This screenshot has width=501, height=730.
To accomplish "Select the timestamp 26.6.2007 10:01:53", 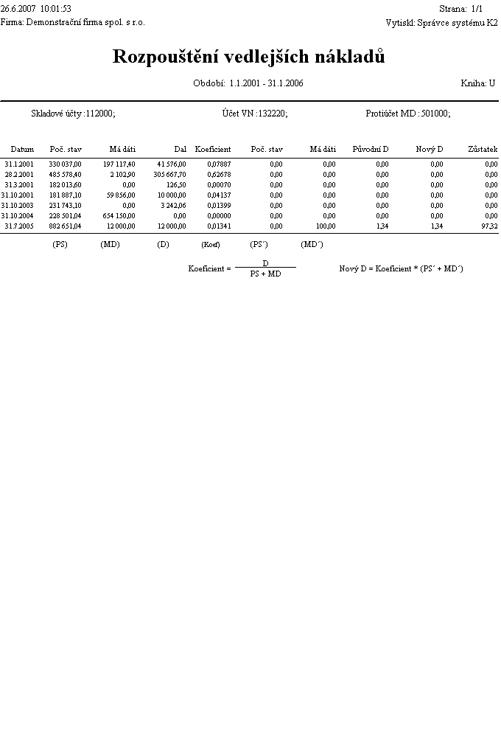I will (36, 9).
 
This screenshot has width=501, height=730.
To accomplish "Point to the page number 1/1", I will (476, 9).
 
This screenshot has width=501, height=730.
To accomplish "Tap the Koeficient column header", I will (213, 150).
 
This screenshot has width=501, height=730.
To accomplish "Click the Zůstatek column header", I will (483, 150).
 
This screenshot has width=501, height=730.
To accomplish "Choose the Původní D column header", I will (371, 150).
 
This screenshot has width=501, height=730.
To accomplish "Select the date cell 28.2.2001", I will (19, 175).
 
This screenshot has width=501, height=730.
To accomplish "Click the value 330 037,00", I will (66, 164).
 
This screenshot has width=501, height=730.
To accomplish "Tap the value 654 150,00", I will (118, 216).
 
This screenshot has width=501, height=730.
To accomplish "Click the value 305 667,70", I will (170, 175).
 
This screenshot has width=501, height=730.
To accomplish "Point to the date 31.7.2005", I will (19, 226).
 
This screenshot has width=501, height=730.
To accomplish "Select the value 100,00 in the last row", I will (326, 226).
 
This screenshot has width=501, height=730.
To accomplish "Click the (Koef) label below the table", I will (211, 245).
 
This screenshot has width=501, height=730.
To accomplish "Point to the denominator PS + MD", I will (264, 274).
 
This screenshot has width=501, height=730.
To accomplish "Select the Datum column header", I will (22, 150).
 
